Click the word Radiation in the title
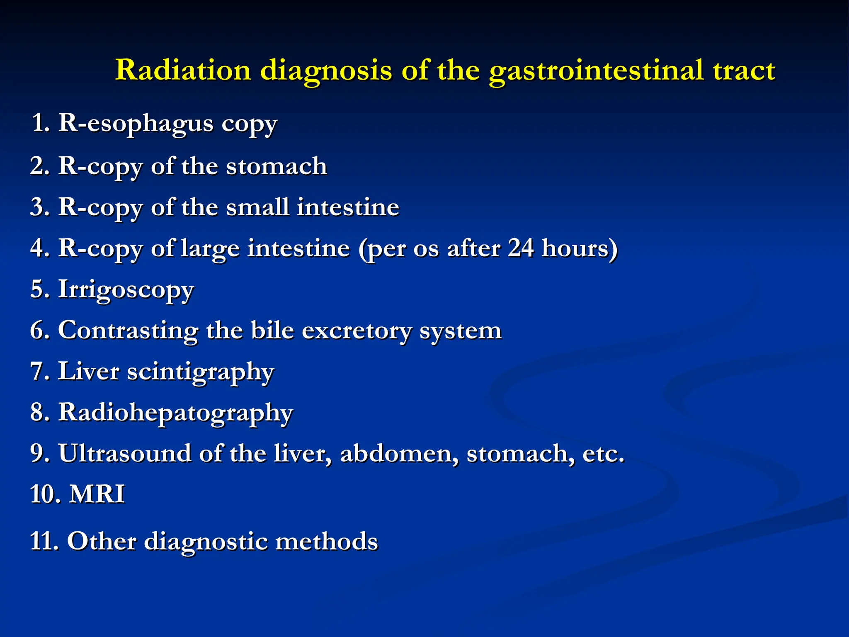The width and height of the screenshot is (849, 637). tap(183, 70)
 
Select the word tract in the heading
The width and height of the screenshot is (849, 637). tap(744, 70)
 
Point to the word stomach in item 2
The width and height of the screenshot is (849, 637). tap(277, 166)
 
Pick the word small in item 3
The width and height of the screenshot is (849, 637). tap(257, 207)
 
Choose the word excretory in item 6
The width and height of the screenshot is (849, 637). tap(357, 331)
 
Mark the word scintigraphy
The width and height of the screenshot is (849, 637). tap(201, 372)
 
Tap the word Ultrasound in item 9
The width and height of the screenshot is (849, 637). tap(124, 453)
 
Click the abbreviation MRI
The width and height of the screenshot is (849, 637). tap(97, 494)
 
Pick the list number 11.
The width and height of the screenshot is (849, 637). tap(44, 541)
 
